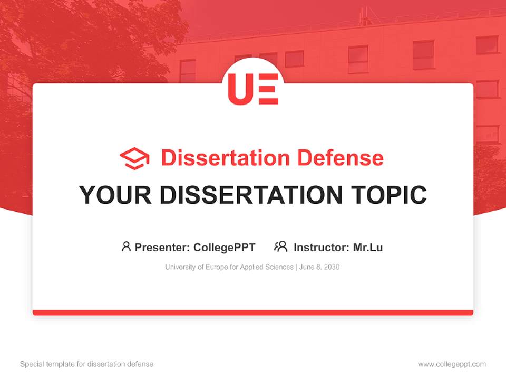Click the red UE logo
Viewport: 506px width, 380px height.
(253, 89)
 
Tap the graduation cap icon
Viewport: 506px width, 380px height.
(134, 158)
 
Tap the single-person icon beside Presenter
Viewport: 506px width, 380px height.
(126, 246)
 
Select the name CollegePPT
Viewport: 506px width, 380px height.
(224, 247)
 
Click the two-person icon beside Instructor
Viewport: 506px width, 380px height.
(281, 246)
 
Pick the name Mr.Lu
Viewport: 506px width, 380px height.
(368, 247)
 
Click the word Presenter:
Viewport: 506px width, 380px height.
(162, 247)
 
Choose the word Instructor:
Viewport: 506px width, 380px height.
(321, 247)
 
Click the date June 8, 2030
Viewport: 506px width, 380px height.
(319, 267)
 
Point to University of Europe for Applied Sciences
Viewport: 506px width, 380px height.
(229, 267)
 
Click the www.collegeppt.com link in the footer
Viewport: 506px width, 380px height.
(452, 364)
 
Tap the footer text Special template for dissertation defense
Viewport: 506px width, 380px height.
(87, 364)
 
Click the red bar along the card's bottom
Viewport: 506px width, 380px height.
(253, 313)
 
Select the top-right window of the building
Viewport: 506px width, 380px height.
(486, 45)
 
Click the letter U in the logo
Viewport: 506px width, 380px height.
(239, 89)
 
